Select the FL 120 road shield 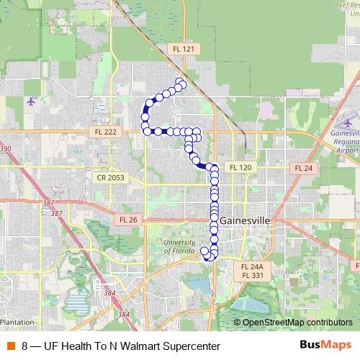click(239, 167)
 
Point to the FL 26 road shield click(127, 219)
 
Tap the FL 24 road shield click(303, 167)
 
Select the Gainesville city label click(246, 220)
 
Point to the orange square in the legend click(11, 346)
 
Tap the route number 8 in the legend click(25, 346)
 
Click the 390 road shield click(5, 149)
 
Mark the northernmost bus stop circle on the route click(179, 81)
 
